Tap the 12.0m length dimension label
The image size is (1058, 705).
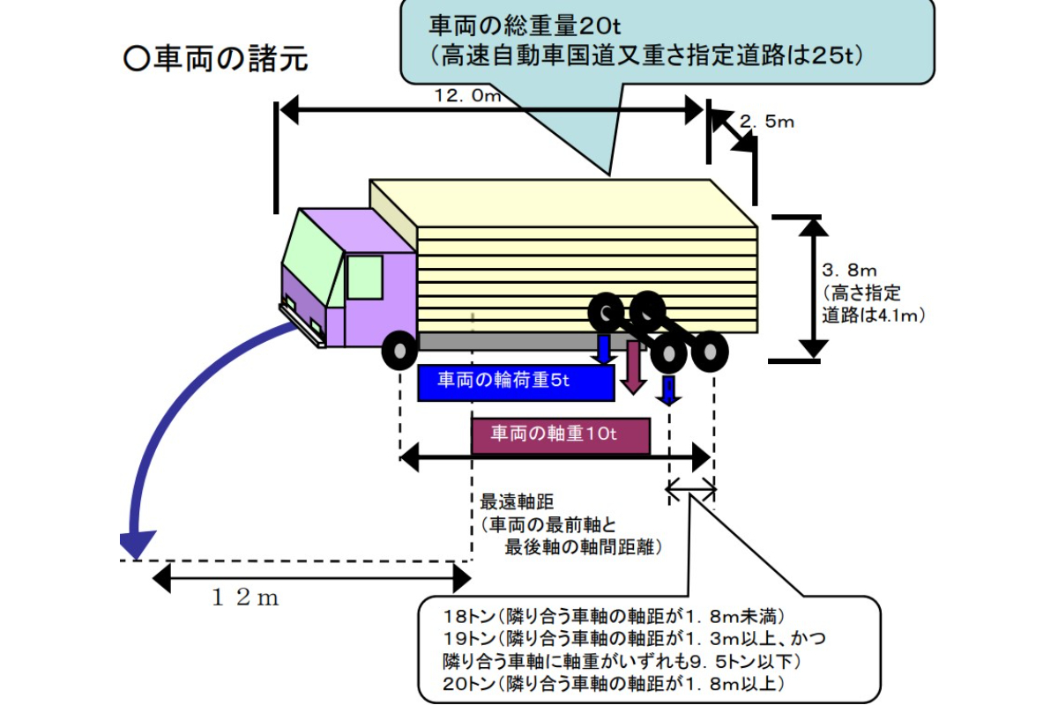(466, 96)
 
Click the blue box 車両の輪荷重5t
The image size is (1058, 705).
(516, 382)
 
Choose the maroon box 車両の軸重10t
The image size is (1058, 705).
(561, 435)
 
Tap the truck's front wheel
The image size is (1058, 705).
(399, 352)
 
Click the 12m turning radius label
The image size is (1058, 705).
(245, 599)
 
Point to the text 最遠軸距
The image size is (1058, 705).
(516, 501)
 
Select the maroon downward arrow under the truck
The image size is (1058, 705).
(632, 369)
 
